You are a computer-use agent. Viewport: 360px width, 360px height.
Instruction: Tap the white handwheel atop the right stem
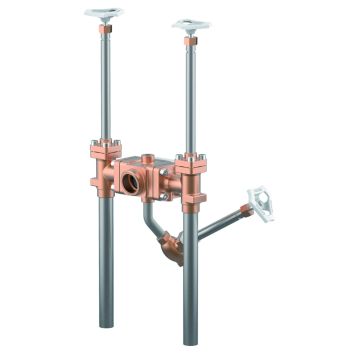pyautogui.click(x=191, y=24)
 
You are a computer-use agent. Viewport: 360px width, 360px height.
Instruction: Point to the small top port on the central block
pyautogui.click(x=150, y=156)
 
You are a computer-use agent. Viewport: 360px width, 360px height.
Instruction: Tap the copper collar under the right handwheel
pyautogui.click(x=190, y=43)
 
